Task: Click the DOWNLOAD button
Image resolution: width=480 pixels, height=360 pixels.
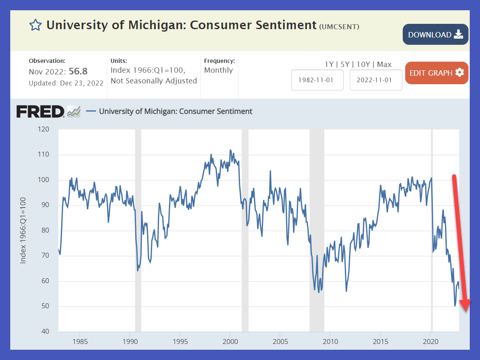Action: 436,35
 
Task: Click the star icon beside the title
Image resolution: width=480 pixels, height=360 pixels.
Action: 35,25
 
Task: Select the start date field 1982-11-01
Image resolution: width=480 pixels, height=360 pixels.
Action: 317,80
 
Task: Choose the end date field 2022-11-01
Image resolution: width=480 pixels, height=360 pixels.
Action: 376,80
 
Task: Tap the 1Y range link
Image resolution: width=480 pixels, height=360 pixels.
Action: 329,65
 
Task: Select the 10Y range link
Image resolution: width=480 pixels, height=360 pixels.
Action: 363,65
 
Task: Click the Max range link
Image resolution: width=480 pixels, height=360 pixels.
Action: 384,65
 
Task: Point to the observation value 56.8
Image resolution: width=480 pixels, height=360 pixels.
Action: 78,72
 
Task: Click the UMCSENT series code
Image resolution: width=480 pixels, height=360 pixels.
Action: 339,27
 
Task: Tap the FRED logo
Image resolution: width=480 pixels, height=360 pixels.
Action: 40,111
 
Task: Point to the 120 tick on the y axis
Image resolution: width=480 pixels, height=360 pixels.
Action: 43,129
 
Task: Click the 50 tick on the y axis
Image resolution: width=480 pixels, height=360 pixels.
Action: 44,307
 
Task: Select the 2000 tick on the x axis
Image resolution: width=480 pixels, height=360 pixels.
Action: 230,342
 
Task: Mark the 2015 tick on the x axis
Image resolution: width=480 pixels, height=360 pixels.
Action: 380,342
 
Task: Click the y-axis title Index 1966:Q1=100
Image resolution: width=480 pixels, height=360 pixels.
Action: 23,231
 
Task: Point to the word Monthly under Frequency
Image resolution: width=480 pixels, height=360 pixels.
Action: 219,70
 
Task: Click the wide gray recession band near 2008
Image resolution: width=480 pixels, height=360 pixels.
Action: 316,230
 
